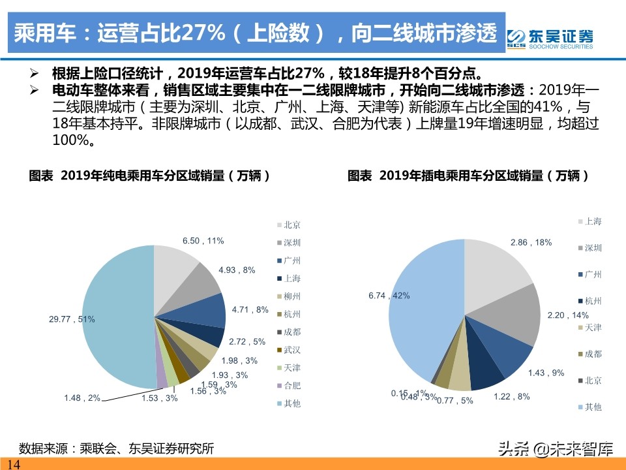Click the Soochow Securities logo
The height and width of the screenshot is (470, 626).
point(550,37)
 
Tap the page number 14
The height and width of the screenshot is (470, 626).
point(13,464)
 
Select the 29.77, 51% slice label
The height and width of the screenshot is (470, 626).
point(72,319)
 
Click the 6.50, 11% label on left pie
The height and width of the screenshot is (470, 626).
point(203,241)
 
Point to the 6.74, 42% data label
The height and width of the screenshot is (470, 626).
point(389,296)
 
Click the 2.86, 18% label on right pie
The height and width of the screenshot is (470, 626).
point(531,242)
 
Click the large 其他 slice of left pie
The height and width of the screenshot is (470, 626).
point(111,313)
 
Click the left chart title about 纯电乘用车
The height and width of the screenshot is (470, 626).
point(150,176)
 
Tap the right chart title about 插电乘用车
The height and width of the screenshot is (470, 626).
point(469,176)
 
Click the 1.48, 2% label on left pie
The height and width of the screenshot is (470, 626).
point(82,398)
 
